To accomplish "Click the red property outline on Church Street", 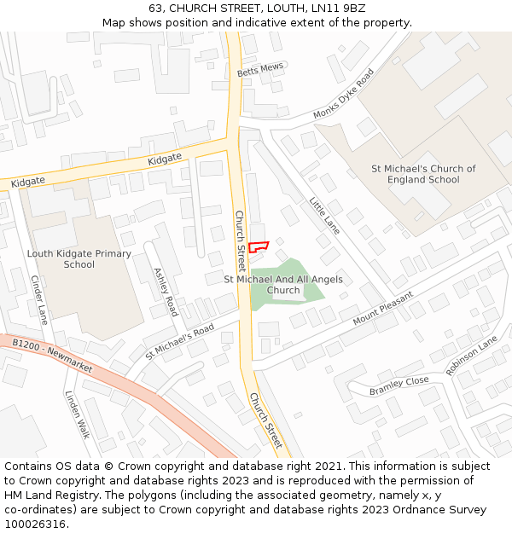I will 259,247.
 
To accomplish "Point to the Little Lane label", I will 324,216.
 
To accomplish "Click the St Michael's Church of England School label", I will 424,174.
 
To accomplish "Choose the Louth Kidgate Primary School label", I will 79,258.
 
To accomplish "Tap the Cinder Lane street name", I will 39,299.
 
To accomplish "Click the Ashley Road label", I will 165,292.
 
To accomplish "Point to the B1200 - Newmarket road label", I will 53,351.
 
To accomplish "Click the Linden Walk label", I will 77,414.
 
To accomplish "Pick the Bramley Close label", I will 399,385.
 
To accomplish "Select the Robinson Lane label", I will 471,355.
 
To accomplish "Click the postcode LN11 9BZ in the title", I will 337,9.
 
